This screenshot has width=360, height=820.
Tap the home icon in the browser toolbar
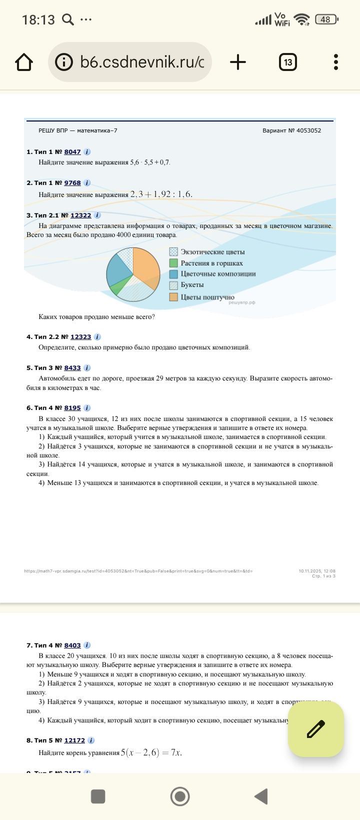click(24, 62)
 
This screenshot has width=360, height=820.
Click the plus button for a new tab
click(238, 62)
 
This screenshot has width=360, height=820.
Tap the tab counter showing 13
click(287, 62)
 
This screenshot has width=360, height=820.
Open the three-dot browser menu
click(336, 62)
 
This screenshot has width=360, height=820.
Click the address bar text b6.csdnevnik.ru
click(141, 62)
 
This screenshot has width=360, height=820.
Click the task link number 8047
click(72, 152)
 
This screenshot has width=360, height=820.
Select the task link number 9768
click(72, 183)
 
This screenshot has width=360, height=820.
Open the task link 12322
click(80, 215)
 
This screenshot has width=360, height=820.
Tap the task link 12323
click(80, 337)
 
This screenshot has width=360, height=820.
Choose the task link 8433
click(72, 368)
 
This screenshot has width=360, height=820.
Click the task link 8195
click(72, 408)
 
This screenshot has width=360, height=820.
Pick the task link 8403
click(72, 645)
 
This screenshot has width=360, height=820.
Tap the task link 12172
click(74, 740)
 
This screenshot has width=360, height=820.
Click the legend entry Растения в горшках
click(211, 263)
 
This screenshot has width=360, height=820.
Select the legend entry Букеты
click(192, 285)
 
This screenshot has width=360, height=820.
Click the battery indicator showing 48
click(326, 19)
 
